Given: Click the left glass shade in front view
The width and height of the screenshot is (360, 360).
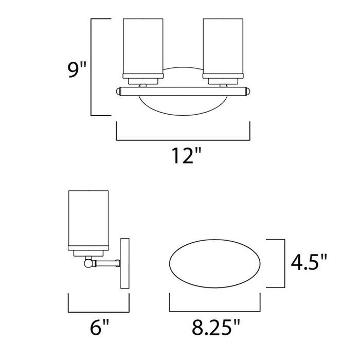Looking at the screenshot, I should tap(143, 46).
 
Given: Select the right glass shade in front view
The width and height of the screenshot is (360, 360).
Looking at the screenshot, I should tap(223, 46).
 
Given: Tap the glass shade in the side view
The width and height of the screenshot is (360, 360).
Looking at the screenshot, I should tap(88, 219).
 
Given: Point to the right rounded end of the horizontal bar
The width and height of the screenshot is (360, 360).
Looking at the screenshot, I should tap(248, 92).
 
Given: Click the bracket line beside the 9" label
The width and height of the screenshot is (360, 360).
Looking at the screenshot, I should tap(92, 67).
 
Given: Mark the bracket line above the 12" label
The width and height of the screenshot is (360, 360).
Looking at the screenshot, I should tap(183, 139).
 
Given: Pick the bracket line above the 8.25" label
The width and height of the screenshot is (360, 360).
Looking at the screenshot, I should tap(214, 312).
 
